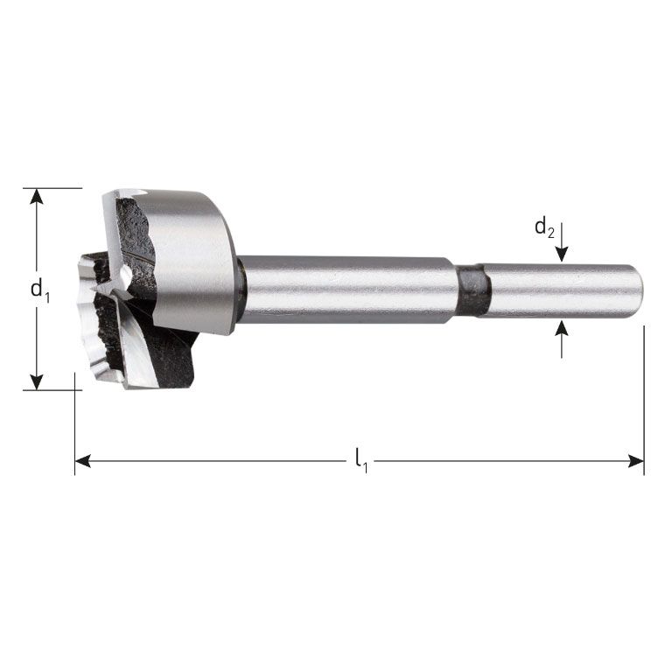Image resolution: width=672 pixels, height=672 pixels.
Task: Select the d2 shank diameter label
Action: point(543,229)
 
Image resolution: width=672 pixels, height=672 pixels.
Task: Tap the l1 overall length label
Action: point(360,460)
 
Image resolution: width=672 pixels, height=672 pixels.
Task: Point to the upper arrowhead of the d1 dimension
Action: point(36,197)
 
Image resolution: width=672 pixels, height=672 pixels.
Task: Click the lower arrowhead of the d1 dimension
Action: point(36,381)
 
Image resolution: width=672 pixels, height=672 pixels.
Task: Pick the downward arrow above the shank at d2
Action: point(562,253)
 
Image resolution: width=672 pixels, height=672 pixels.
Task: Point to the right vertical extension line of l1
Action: point(644,394)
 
